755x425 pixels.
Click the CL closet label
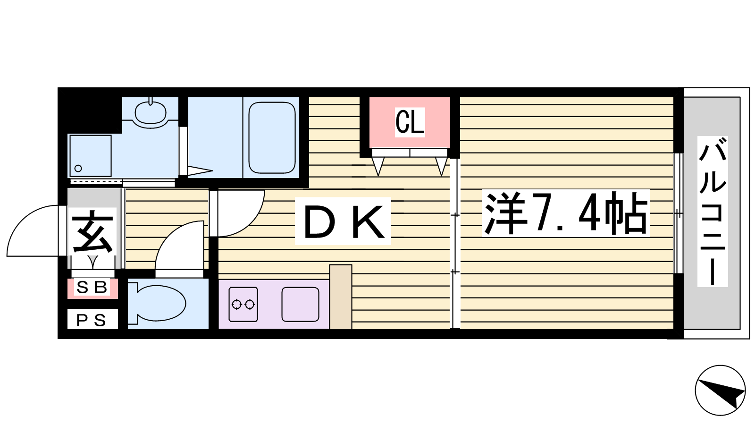pos(410,122)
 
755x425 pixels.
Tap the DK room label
pos(343,221)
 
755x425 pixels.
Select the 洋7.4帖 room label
pos(566,213)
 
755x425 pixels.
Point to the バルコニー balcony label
pos(713,212)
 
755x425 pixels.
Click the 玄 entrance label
pos(92,232)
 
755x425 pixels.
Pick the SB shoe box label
pos(92,288)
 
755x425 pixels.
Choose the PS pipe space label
pos(92,320)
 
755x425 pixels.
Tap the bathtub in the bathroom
pos(272,137)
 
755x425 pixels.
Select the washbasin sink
pos(151,113)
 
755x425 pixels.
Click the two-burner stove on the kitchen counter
pos(243,304)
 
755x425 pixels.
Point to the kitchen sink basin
pos(300,304)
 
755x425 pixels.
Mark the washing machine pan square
pos(90,156)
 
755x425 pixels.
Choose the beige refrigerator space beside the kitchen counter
pos(341,297)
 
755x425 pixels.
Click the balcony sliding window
pos(678,213)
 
